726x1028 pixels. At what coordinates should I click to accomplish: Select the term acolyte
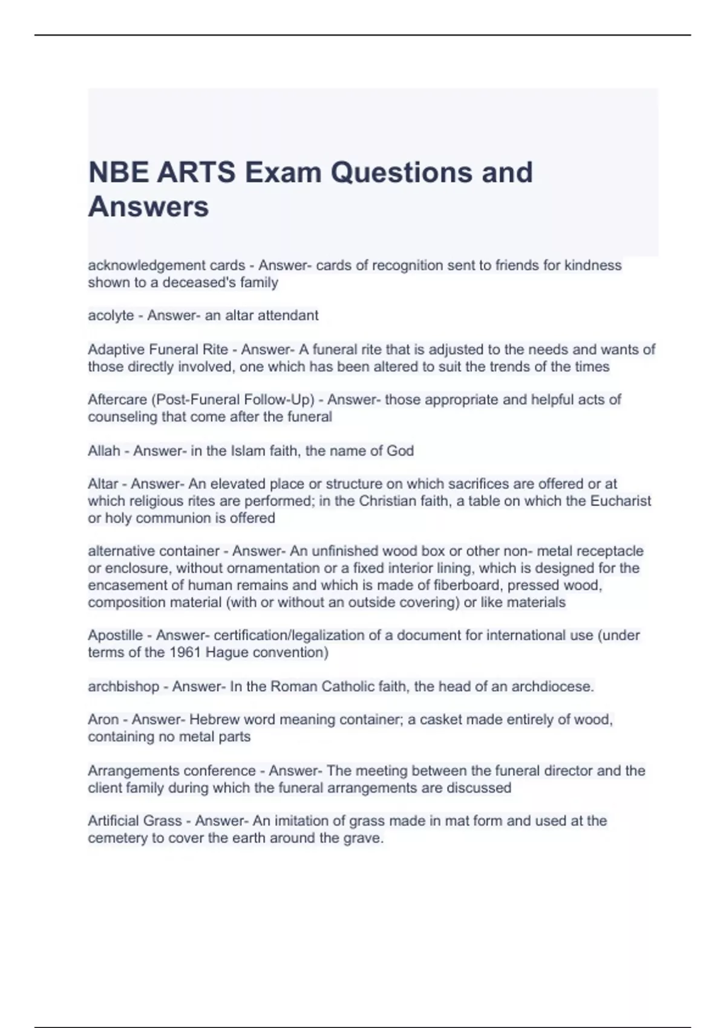click(111, 316)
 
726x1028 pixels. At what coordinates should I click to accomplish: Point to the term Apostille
click(116, 636)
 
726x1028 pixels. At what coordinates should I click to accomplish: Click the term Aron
click(103, 720)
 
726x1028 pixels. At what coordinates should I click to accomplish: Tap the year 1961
click(185, 652)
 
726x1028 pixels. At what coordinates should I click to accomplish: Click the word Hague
click(227, 652)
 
